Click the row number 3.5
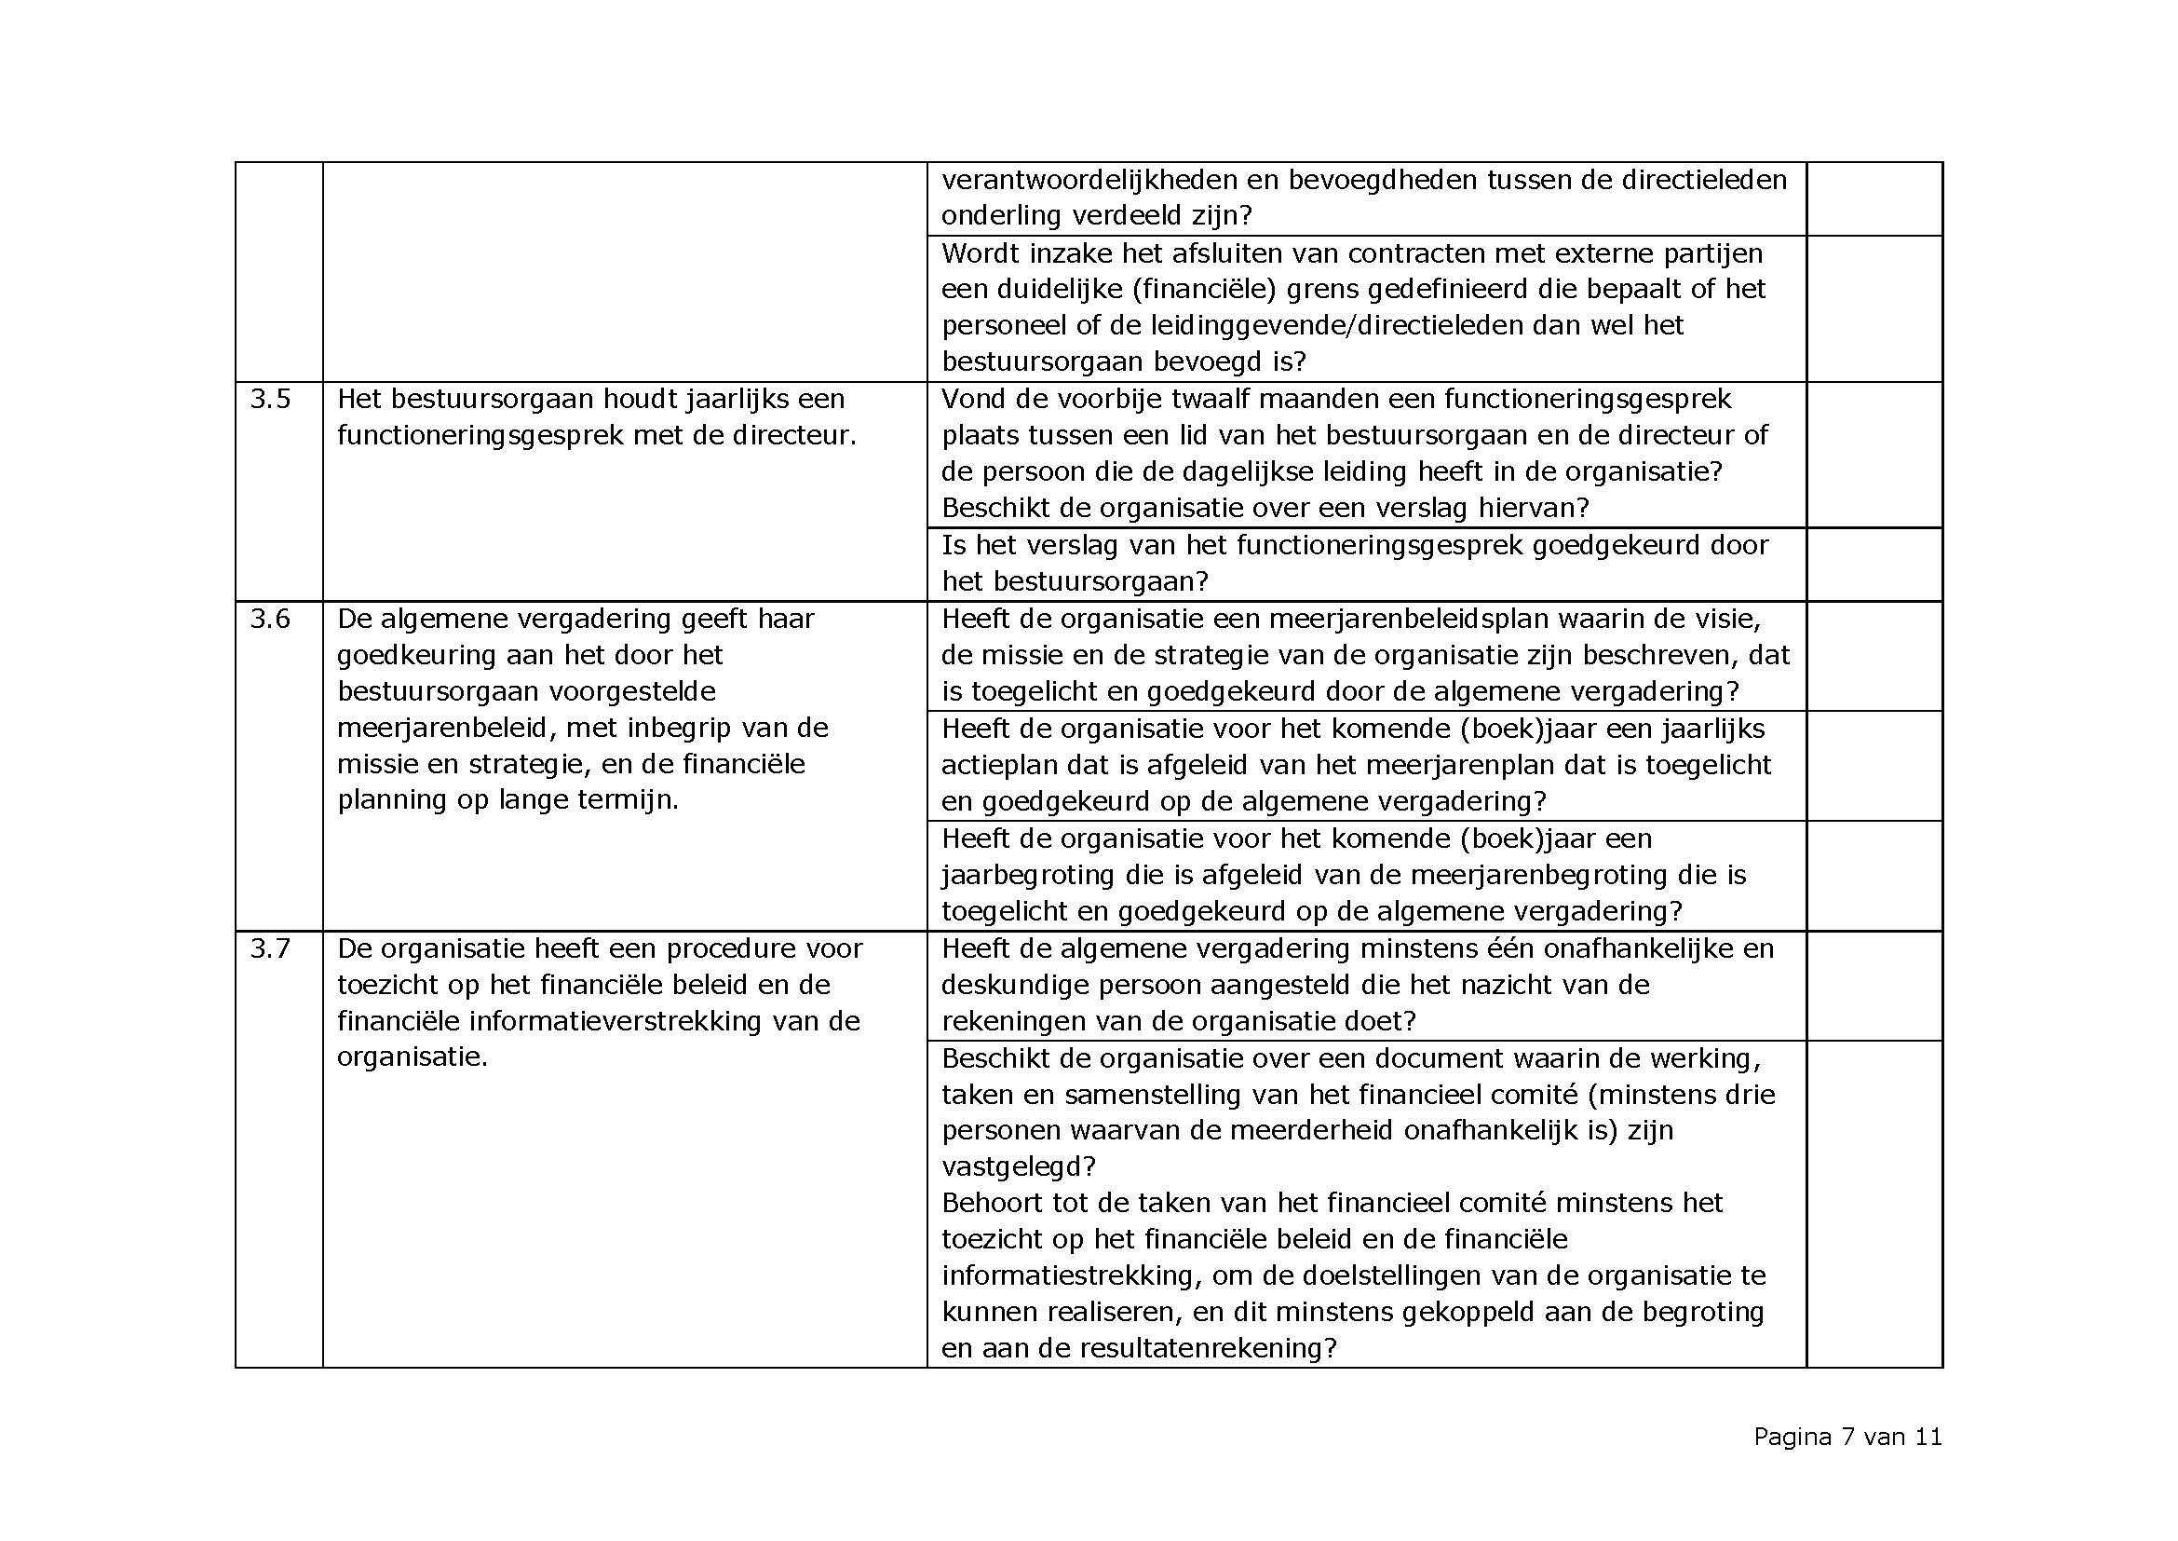pos(270,400)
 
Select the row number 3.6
pos(270,620)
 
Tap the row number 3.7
pos(270,948)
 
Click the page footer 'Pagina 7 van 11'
pos(1847,1437)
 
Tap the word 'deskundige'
pos(1015,985)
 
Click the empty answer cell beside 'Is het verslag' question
pos(1874,564)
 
